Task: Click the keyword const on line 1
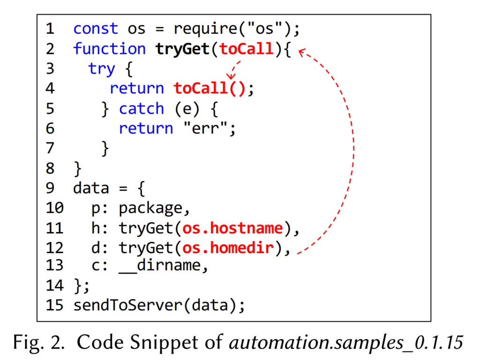click(x=96, y=29)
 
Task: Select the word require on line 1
click(x=206, y=30)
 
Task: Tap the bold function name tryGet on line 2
click(x=182, y=49)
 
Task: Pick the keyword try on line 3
click(x=102, y=69)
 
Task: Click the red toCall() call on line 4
click(x=209, y=89)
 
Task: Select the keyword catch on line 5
click(x=142, y=109)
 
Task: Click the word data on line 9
click(x=91, y=188)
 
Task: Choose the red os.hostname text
click(x=232, y=228)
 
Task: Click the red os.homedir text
click(x=228, y=248)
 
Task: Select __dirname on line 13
click(x=160, y=266)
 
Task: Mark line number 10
click(x=54, y=208)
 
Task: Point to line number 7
click(x=50, y=148)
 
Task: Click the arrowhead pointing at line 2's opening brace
click(x=302, y=52)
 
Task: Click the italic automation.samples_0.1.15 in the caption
click(x=346, y=342)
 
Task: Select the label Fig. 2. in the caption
click(x=39, y=343)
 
